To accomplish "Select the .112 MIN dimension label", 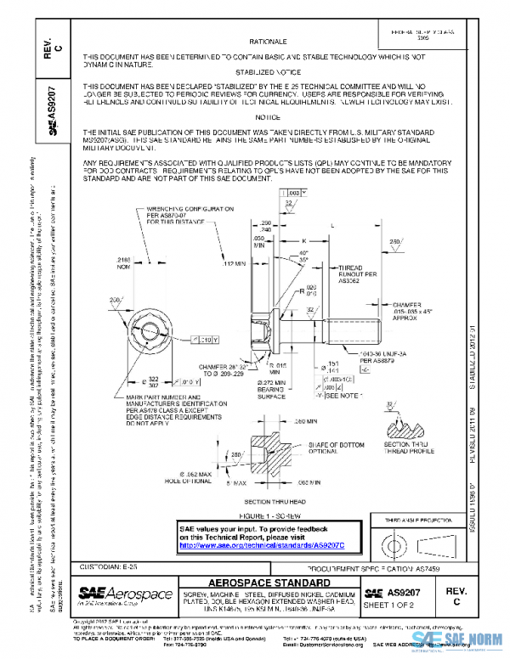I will pyautogui.click(x=232, y=264).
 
